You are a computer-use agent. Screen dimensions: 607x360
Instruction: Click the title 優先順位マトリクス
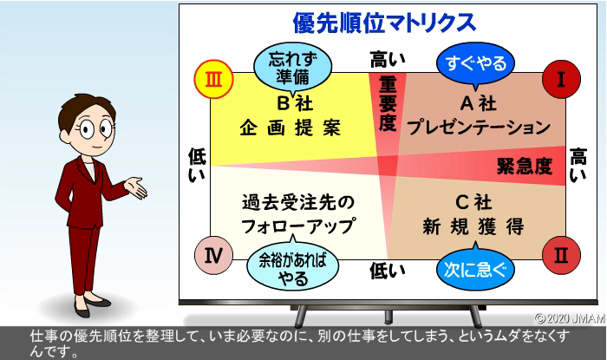coord(384,23)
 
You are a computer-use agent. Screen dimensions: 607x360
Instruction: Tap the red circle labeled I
coord(561,79)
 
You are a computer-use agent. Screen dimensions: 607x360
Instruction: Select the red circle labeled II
coord(561,256)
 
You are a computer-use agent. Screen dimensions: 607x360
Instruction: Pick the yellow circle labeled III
coord(213,79)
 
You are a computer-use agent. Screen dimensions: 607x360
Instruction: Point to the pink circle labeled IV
coord(213,256)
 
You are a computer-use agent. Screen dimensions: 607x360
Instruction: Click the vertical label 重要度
coord(388,104)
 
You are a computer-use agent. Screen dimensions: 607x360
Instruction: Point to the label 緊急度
coord(525,167)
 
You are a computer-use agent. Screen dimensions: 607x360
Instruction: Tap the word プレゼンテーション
coord(479,127)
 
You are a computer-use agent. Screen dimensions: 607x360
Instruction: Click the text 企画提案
coord(290,128)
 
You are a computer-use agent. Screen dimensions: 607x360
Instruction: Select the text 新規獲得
coord(473,226)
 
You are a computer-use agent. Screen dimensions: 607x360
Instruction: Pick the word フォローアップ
coord(297,226)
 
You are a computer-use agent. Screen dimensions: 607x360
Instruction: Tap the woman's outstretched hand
coord(135,187)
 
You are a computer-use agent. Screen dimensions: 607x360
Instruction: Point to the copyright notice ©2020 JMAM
coord(571,318)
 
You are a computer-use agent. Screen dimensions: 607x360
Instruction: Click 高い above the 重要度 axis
coord(388,60)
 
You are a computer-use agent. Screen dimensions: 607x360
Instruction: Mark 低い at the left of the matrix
coord(198,165)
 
